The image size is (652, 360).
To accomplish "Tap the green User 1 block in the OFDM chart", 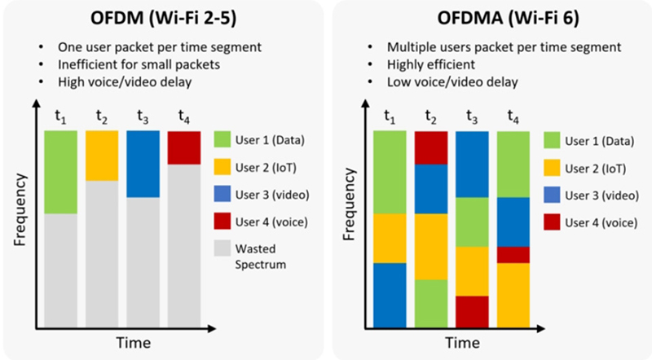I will point(60,171).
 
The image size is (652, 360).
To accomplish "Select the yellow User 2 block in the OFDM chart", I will point(101,155).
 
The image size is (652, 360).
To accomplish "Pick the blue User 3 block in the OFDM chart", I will point(143,164).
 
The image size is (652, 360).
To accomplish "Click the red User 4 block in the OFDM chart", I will point(183,147).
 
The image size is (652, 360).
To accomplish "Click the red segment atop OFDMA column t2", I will point(430,147).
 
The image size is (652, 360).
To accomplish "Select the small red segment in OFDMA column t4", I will point(513,254).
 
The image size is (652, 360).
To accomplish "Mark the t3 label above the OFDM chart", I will point(143,116).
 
